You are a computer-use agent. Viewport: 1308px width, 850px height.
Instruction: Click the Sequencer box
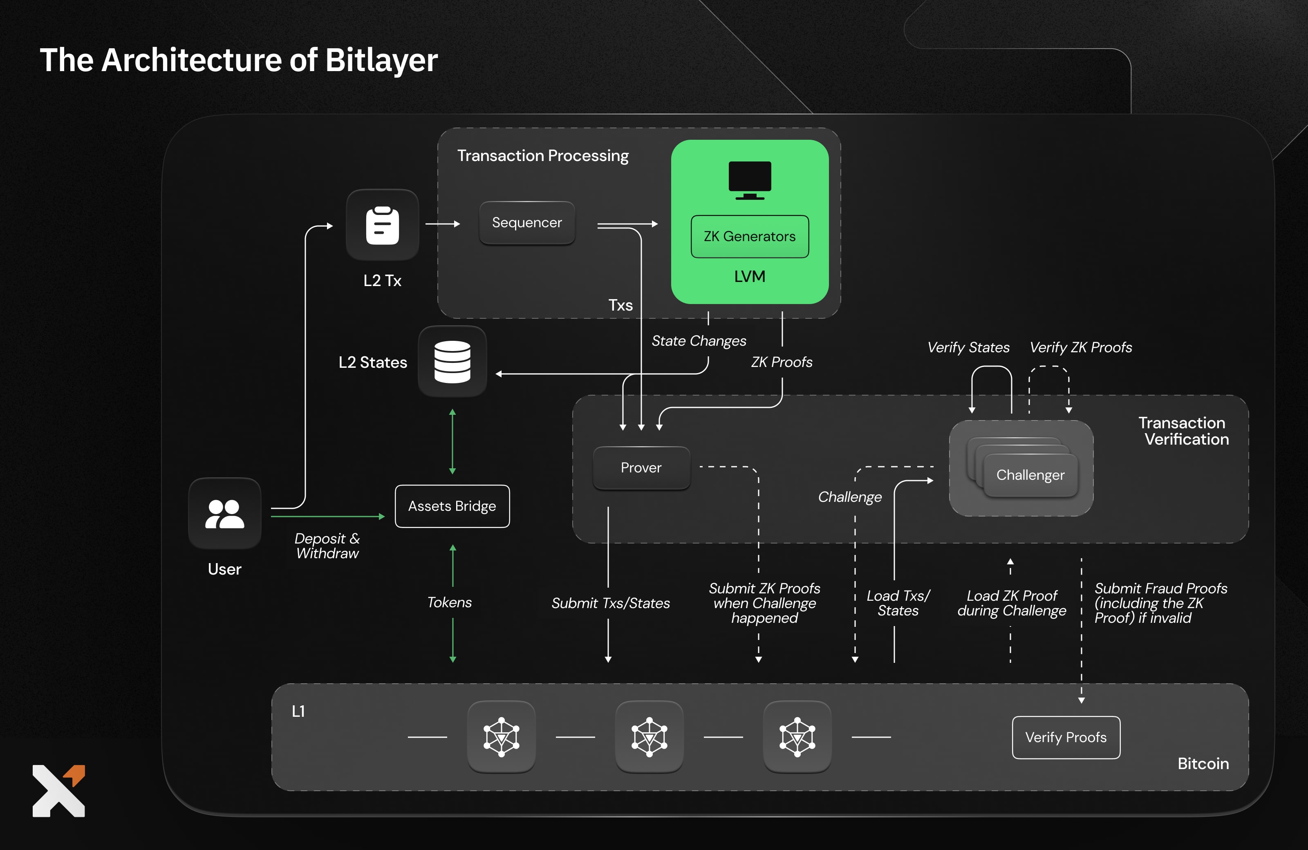point(526,223)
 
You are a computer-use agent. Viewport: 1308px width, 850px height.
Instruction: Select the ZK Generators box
point(749,236)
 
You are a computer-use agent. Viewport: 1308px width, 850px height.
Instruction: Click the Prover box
point(641,467)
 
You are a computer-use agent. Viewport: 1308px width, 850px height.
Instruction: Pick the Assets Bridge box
point(452,506)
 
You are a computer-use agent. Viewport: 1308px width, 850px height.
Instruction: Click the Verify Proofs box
point(1065,737)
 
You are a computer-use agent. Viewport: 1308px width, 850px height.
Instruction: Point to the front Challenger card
point(1030,475)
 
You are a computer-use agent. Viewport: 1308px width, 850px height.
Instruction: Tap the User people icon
point(224,514)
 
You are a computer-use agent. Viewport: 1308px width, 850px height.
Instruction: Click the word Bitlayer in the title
point(381,60)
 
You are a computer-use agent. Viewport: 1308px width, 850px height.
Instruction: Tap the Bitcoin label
point(1203,764)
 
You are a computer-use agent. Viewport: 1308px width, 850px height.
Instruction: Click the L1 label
point(298,711)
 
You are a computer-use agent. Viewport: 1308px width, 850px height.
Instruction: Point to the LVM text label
point(749,276)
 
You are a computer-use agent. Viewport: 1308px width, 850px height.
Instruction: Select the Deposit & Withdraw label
point(327,546)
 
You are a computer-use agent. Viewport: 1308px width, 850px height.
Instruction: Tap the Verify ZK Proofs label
point(1080,347)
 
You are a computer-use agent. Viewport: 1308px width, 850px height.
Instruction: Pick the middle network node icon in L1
point(649,737)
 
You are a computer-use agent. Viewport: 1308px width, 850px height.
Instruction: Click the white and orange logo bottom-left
point(59,791)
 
